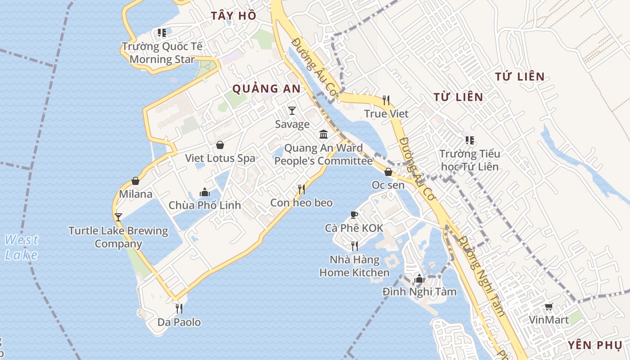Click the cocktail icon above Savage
pos(292,110)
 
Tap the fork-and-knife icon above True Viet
pos(386,100)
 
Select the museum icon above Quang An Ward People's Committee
pos(324,134)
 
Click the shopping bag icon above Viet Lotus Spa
pos(220,145)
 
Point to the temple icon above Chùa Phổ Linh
pos(205,192)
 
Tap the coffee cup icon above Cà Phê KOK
pos(354,215)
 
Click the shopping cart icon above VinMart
pos(549,307)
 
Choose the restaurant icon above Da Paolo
pos(179,308)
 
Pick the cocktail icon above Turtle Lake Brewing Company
pos(118,217)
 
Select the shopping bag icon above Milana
pos(135,181)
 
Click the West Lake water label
pos(22,247)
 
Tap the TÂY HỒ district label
pos(234,16)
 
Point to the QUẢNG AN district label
pos(266,89)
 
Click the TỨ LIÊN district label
pos(520,77)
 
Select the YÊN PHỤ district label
pos(594,345)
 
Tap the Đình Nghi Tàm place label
pos(419,292)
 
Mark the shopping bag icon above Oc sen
pos(388,172)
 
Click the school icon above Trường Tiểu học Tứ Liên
pos(469,140)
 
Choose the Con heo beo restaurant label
pos(301,203)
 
